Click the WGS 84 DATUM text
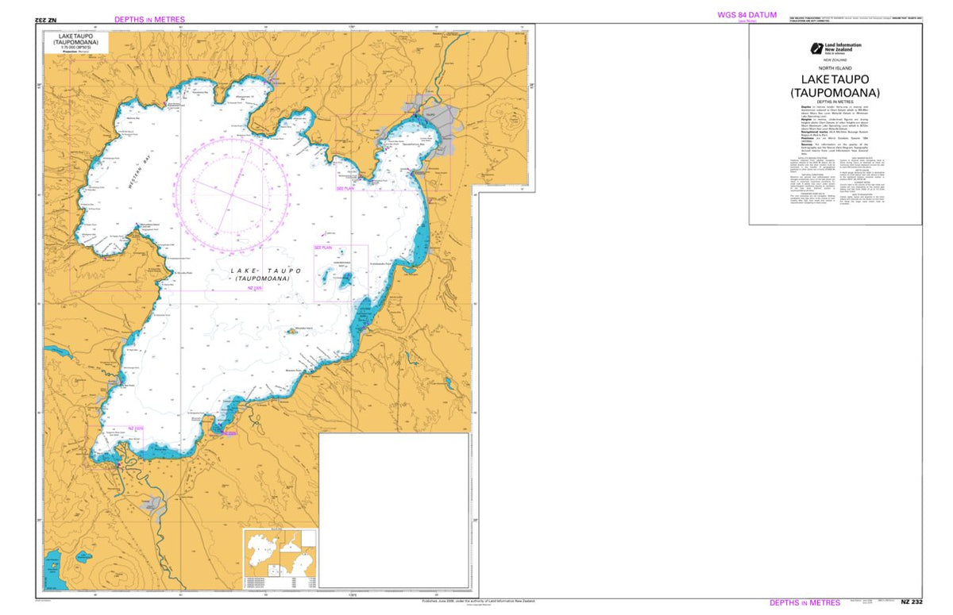point(747,14)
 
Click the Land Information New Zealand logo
point(816,48)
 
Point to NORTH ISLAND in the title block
point(835,68)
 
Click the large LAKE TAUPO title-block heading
point(835,79)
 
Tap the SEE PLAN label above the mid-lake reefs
point(323,248)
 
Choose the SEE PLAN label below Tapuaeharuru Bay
point(345,188)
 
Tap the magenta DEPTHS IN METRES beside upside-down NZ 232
point(149,19)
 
